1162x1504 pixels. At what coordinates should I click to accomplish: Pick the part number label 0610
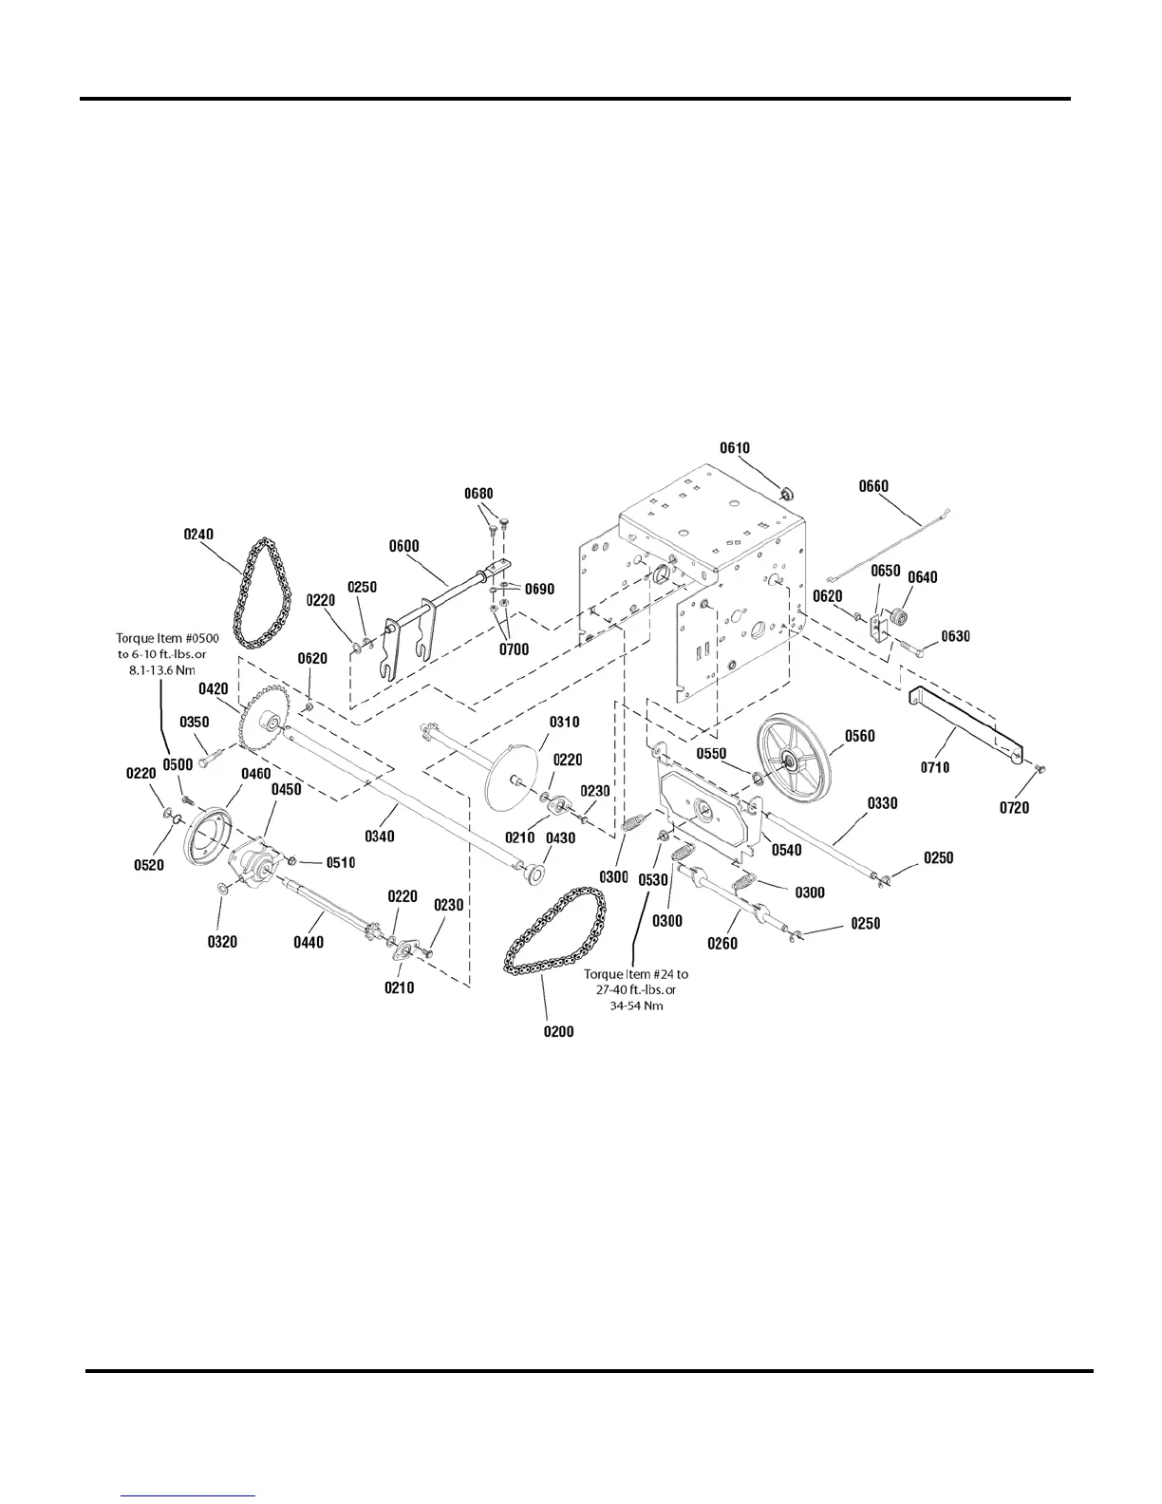point(735,448)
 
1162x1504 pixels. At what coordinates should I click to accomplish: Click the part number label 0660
point(873,486)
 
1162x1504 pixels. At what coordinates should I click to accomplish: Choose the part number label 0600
point(403,546)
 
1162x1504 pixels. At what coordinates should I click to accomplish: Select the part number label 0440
point(308,942)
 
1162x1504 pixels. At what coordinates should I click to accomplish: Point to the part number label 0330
point(882,803)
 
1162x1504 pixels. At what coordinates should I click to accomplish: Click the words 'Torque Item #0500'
point(167,638)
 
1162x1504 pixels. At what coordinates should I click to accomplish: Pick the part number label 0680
point(478,494)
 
